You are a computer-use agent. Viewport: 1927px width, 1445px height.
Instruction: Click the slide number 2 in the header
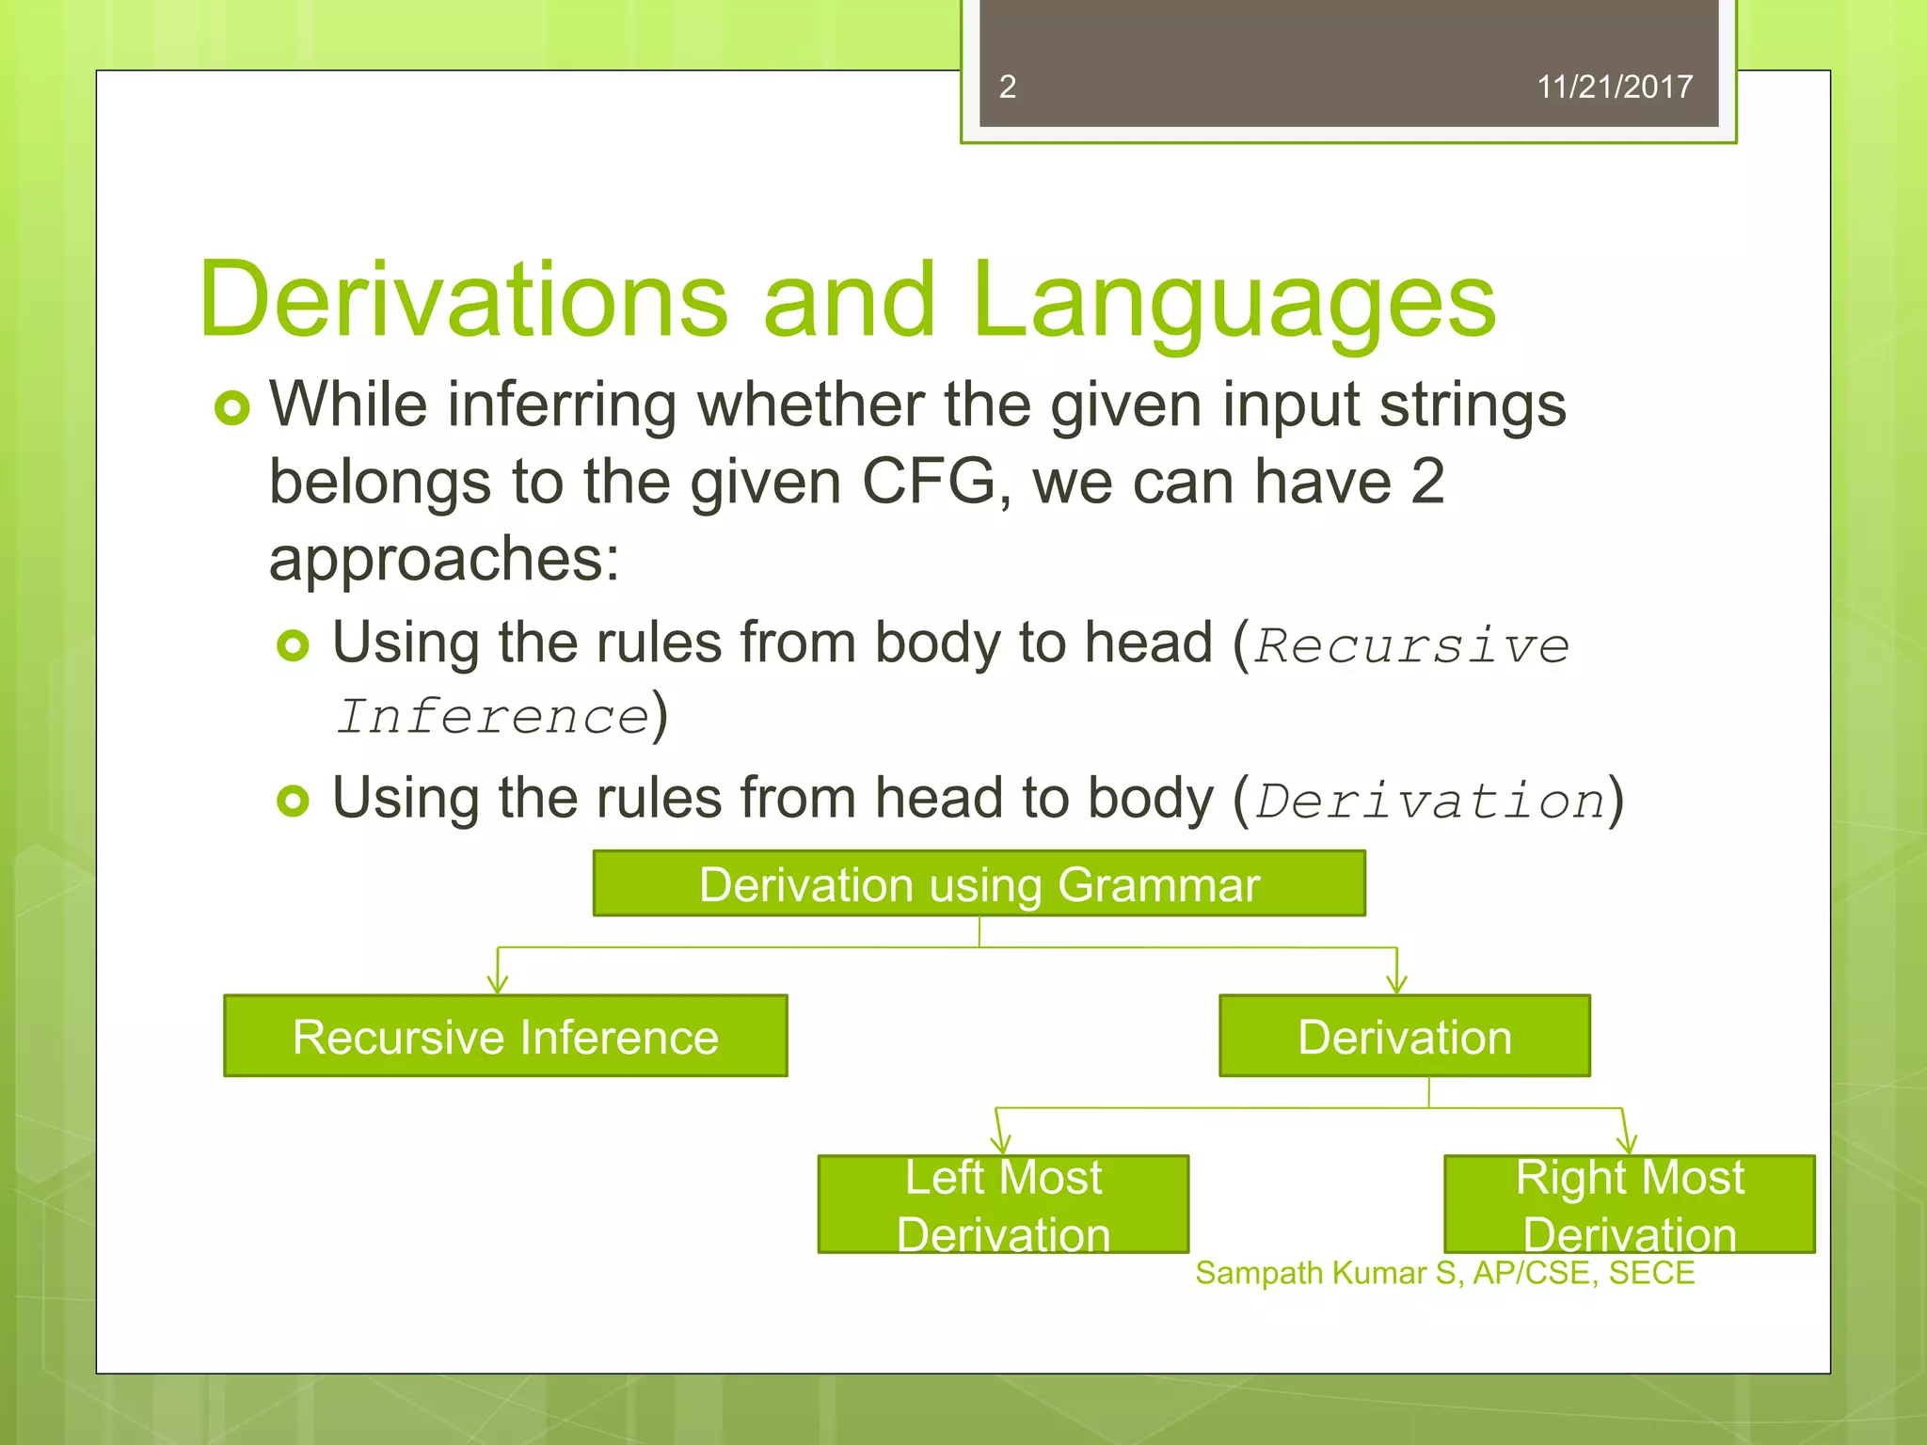pyautogui.click(x=1007, y=87)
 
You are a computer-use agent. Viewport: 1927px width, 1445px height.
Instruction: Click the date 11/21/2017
pyautogui.click(x=1614, y=87)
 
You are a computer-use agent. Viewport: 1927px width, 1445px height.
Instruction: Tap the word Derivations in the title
pyautogui.click(x=463, y=299)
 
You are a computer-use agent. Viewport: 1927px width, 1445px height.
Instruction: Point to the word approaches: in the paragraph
pyautogui.click(x=444, y=559)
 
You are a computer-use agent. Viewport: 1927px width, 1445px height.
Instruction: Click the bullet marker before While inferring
pyautogui.click(x=231, y=408)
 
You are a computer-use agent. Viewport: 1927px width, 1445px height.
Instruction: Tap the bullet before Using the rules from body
pyautogui.click(x=293, y=645)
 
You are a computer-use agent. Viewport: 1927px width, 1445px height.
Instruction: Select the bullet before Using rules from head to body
pyautogui.click(x=293, y=801)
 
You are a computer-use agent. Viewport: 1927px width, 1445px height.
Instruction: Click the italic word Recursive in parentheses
pyautogui.click(x=1411, y=646)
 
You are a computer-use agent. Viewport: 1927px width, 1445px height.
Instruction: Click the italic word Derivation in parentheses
pyautogui.click(x=1430, y=802)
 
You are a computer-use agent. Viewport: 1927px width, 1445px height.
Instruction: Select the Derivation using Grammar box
pyautogui.click(x=979, y=884)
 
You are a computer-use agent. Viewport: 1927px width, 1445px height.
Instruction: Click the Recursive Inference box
pyautogui.click(x=505, y=1037)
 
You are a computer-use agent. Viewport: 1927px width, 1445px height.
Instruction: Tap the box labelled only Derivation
pyautogui.click(x=1404, y=1037)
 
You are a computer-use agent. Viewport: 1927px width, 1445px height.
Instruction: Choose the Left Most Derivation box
pyautogui.click(x=1003, y=1205)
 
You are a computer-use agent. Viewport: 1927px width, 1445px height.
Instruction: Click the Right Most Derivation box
pyautogui.click(x=1629, y=1205)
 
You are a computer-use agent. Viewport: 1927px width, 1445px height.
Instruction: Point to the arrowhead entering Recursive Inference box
pyautogui.click(x=498, y=986)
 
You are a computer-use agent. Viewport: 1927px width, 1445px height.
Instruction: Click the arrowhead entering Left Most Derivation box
pyautogui.click(x=1001, y=1146)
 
